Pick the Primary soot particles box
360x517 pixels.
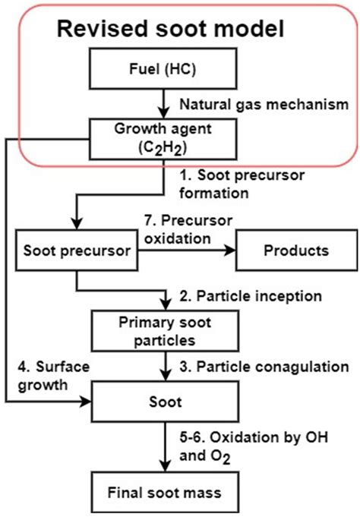point(165,330)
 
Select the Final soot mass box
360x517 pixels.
point(165,493)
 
